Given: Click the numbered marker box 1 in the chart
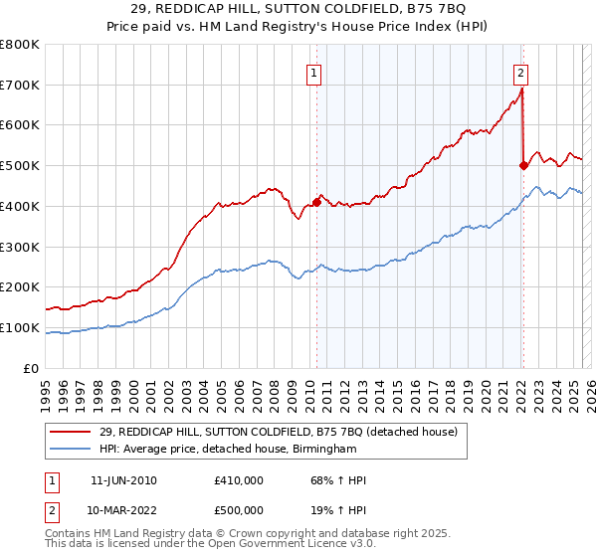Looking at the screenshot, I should [314, 72].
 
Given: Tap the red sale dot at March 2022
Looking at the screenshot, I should [523, 166].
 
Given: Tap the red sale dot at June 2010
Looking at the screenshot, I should [316, 202].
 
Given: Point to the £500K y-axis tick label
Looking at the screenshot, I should [21, 165].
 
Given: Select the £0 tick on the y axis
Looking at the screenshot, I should [33, 368].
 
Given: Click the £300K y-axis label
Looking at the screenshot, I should [21, 247].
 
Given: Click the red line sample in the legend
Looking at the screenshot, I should [71, 432].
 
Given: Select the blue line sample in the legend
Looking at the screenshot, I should [71, 449].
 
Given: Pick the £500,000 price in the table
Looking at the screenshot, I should [239, 510].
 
